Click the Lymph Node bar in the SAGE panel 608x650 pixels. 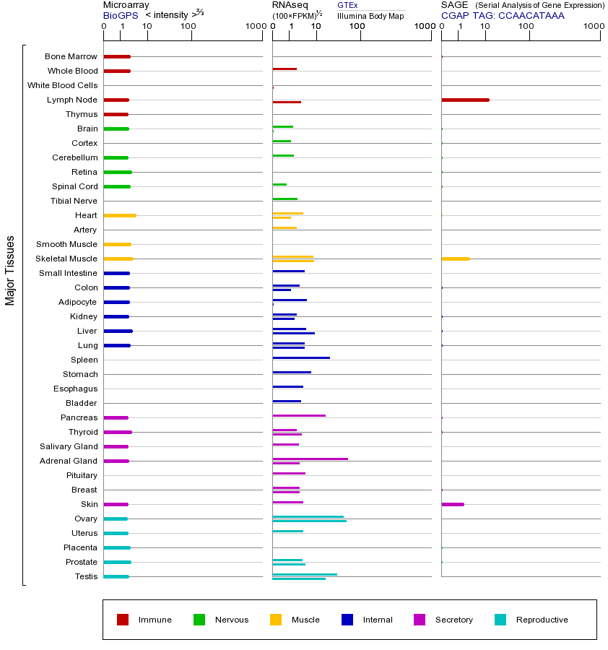(x=465, y=100)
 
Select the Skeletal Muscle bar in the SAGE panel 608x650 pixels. (x=455, y=259)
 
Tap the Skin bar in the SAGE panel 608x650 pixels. (x=453, y=504)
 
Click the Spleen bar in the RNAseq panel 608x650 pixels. (x=301, y=357)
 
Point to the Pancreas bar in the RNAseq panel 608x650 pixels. (x=299, y=415)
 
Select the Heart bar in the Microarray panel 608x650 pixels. (x=120, y=215)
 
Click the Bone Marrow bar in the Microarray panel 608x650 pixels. (x=117, y=56)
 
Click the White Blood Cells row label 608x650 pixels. (x=62, y=85)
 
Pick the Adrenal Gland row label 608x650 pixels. (x=69, y=461)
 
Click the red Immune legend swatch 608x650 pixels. (x=123, y=620)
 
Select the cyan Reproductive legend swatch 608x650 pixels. (x=500, y=620)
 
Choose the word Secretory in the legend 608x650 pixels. (x=453, y=620)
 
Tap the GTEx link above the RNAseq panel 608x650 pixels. (x=347, y=6)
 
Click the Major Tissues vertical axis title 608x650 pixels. (x=10, y=270)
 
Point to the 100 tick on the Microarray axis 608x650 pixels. (x=188, y=27)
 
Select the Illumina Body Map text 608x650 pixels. (x=370, y=16)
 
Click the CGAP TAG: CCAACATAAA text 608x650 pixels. (x=503, y=15)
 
